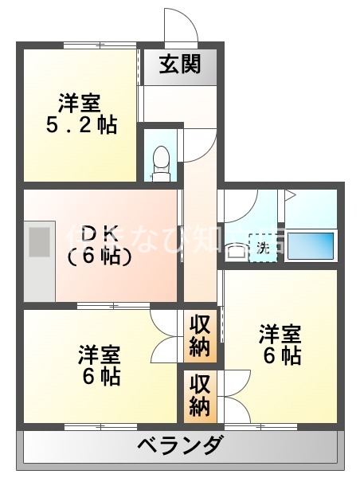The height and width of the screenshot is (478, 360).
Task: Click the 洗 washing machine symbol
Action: [x=262, y=246]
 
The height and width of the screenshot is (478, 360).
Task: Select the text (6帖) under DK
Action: [x=100, y=257]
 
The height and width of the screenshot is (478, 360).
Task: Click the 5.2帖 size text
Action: [x=79, y=126]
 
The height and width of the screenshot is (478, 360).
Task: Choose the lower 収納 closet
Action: [x=199, y=395]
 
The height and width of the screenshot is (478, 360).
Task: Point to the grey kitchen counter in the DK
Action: [x=39, y=263]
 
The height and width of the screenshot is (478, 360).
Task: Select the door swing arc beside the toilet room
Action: [x=199, y=143]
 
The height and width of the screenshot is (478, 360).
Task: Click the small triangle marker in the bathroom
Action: [x=290, y=194]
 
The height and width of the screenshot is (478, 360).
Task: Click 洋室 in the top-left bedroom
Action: [x=79, y=103]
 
